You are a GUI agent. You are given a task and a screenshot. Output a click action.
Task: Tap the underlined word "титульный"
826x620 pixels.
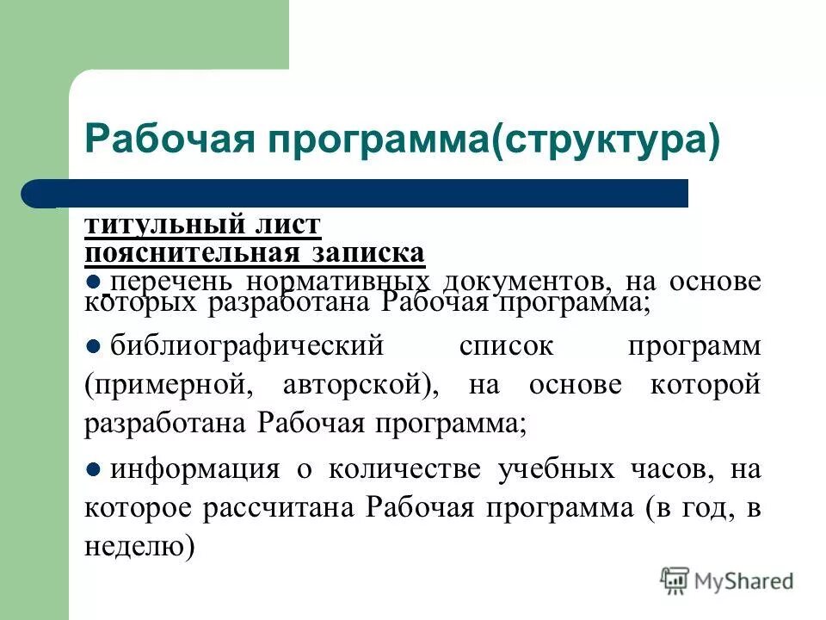(x=163, y=226)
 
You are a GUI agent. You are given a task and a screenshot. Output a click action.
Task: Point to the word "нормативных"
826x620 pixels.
(x=336, y=282)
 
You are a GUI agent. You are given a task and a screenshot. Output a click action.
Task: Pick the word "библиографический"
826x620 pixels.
(x=245, y=347)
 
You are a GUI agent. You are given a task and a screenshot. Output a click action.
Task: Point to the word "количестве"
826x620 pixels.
(x=401, y=469)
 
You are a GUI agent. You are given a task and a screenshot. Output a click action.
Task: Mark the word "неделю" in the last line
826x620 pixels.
(x=137, y=546)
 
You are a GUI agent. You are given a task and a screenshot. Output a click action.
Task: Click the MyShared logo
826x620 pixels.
(x=727, y=581)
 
